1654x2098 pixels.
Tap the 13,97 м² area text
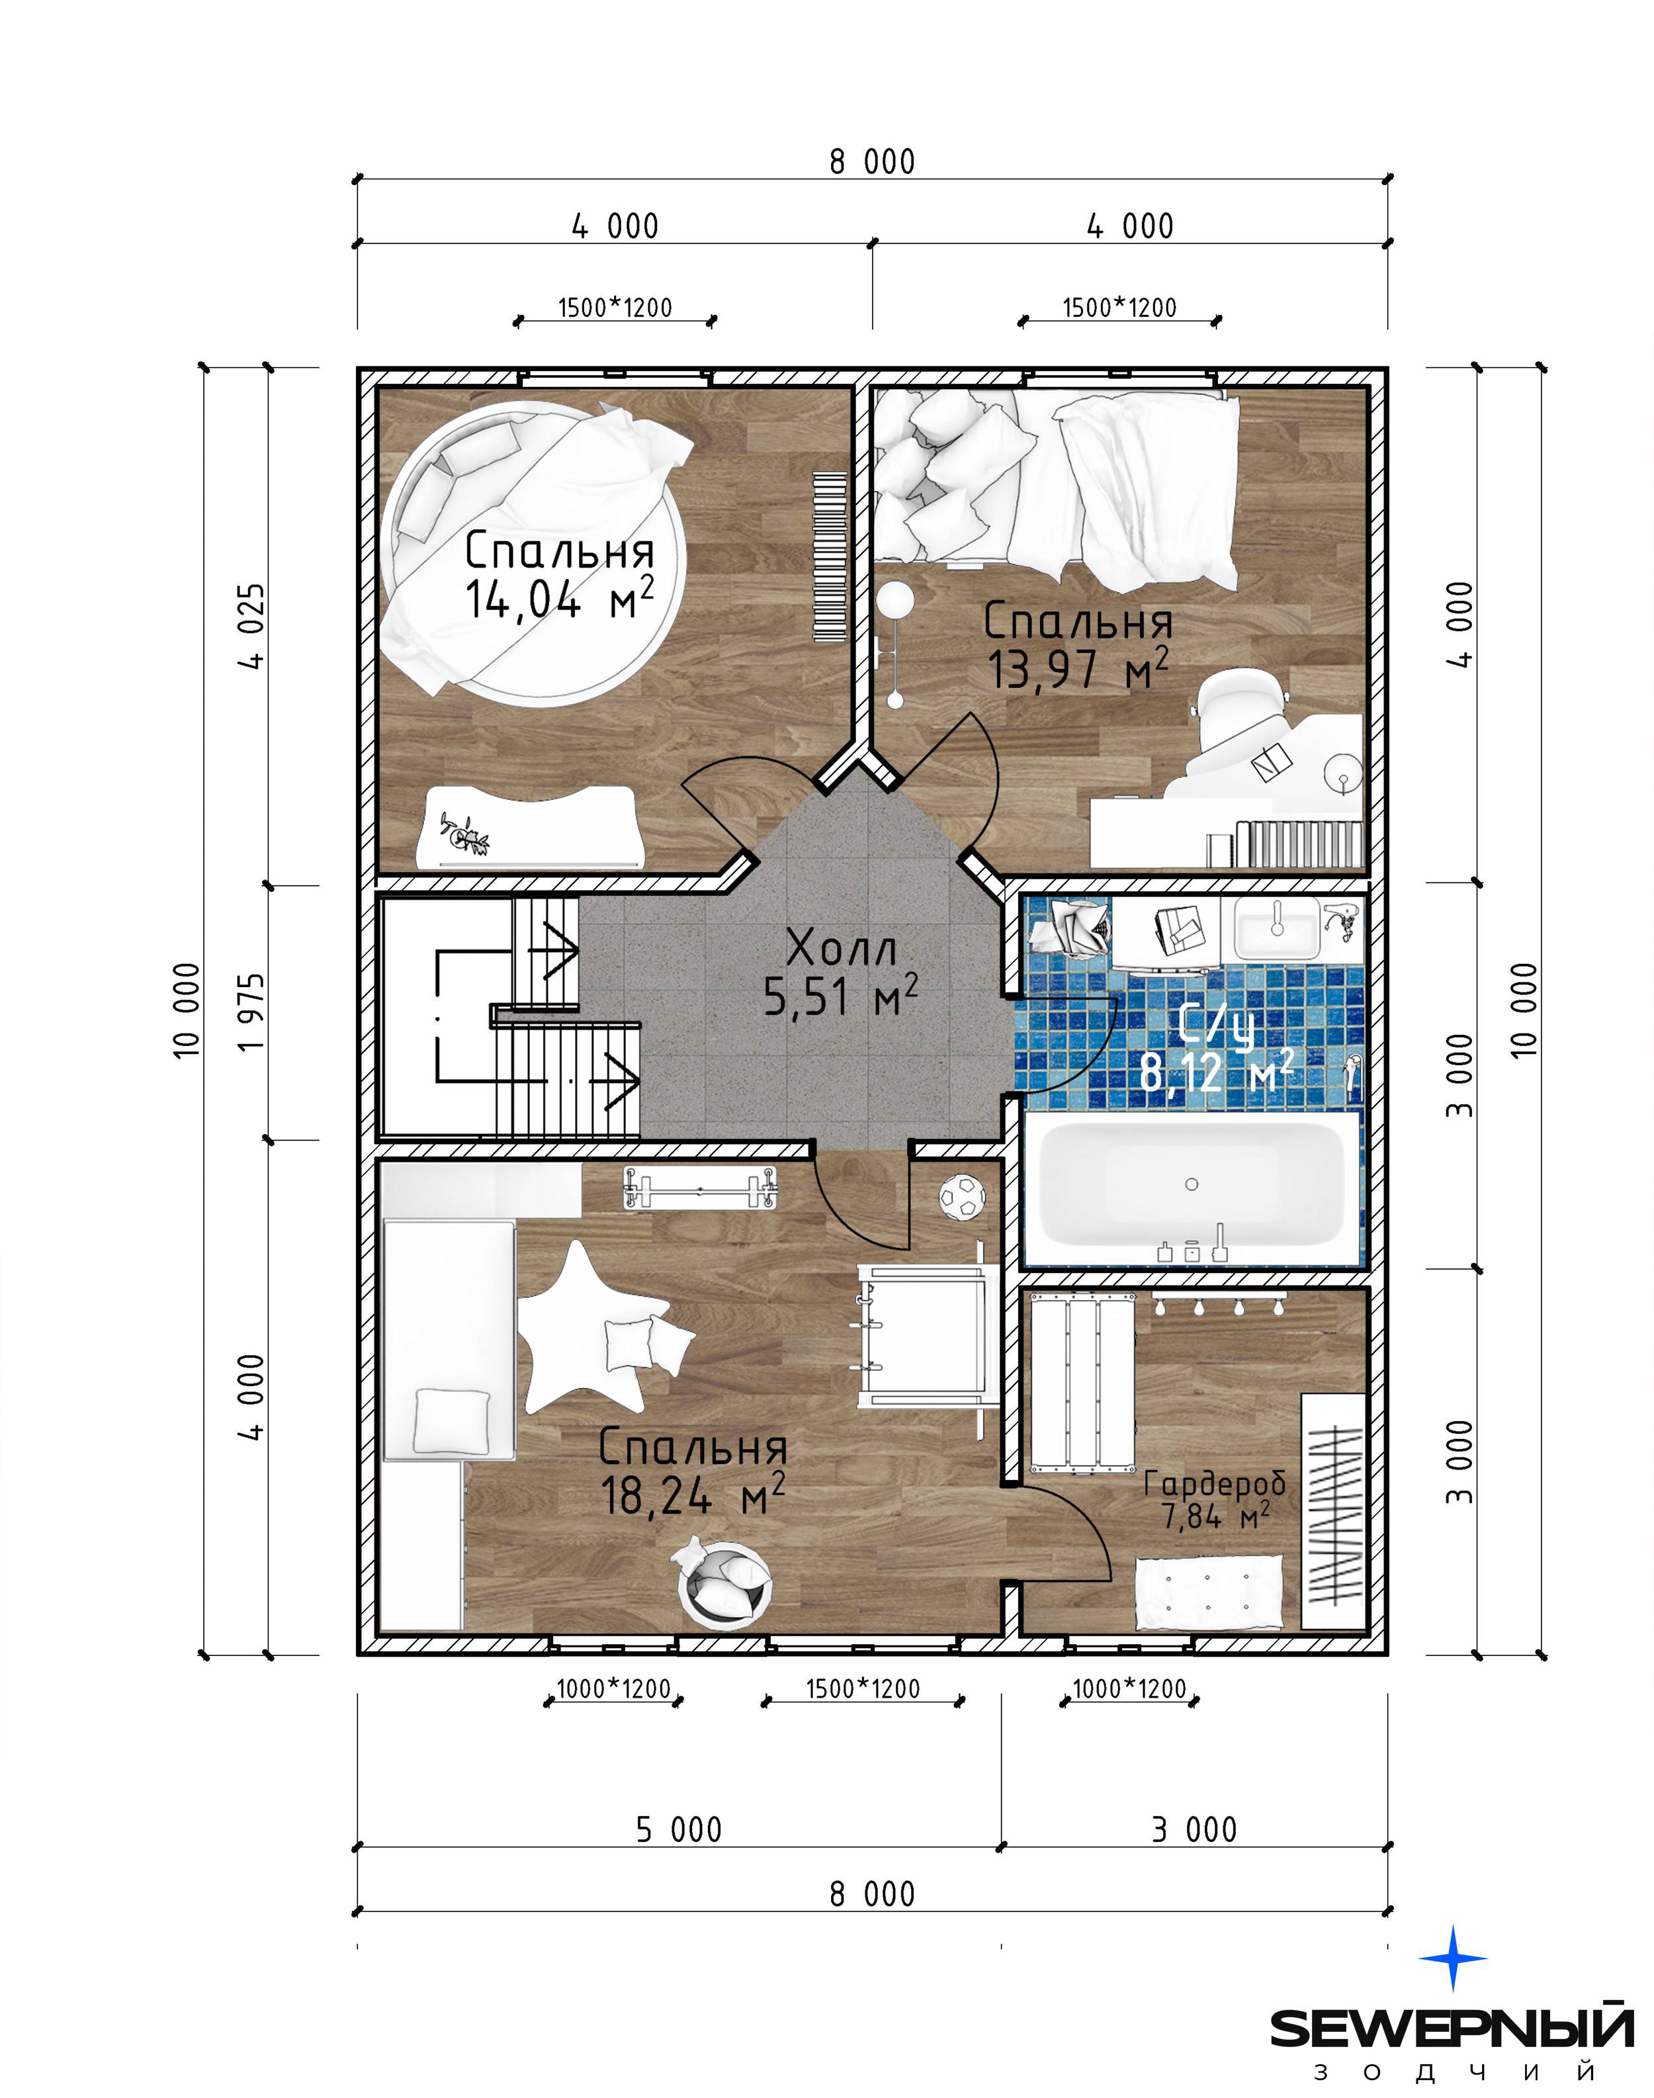coord(1078,669)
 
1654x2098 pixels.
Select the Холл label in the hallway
coord(842,948)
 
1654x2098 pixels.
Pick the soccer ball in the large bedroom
coord(961,1198)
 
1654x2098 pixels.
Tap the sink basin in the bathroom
coord(1276,930)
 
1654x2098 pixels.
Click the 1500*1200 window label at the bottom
coord(863,1689)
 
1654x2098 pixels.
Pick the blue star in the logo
coord(1454,1958)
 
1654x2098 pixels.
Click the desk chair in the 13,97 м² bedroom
coord(1242,721)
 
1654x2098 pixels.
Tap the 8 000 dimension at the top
coord(871,161)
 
